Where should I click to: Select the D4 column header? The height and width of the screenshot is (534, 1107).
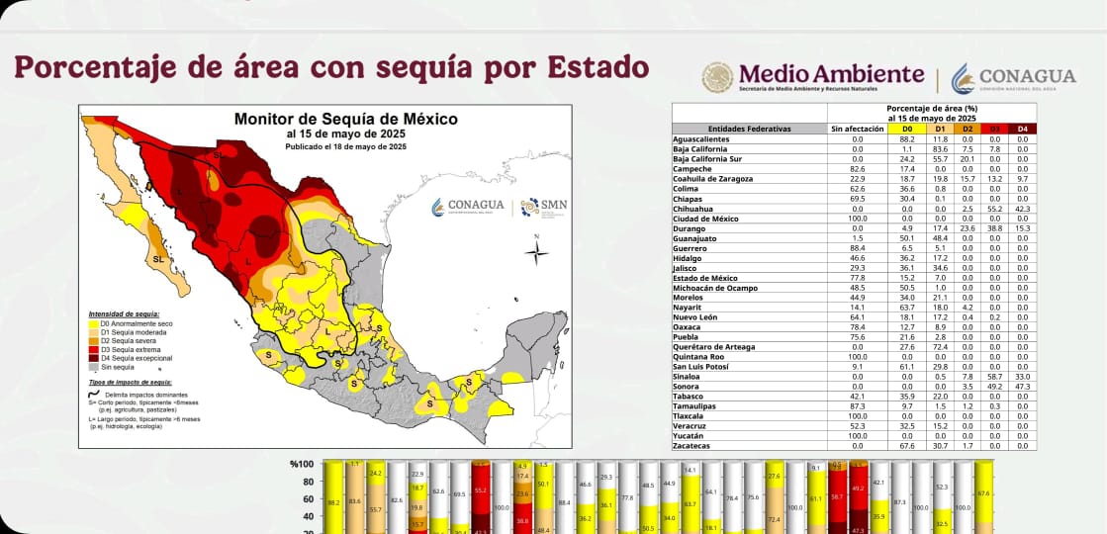click(x=1023, y=129)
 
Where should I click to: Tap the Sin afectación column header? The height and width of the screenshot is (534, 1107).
click(x=857, y=129)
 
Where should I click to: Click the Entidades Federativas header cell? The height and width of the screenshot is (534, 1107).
click(x=749, y=129)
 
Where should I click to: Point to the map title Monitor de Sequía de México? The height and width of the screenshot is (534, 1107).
click(x=345, y=119)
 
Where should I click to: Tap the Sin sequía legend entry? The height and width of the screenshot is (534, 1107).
click(x=118, y=366)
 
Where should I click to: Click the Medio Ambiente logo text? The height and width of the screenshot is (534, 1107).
click(x=831, y=74)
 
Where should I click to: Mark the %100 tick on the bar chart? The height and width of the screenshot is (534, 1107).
click(x=302, y=464)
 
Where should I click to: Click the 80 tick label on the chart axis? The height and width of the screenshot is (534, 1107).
click(x=307, y=483)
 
